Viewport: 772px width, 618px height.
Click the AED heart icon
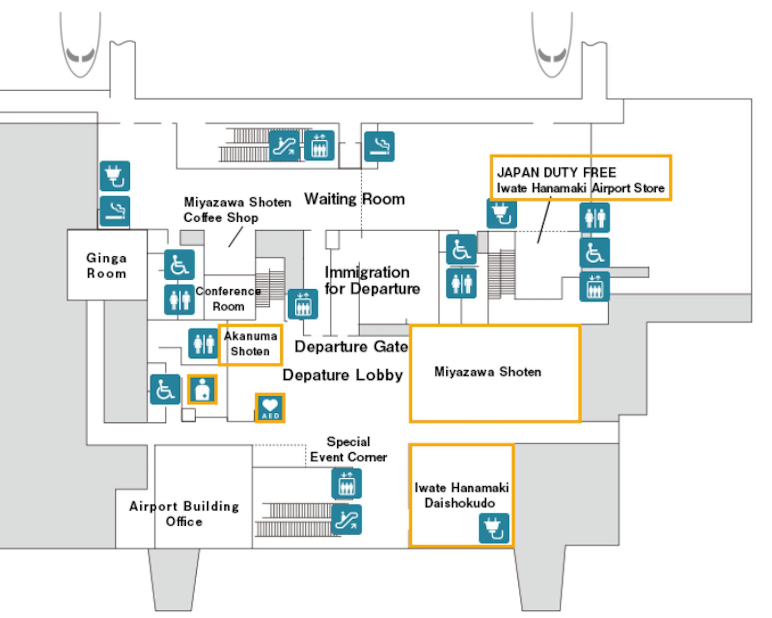[270, 408]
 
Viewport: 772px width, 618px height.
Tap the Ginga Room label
[107, 266]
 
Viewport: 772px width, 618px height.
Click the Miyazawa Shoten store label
[488, 372]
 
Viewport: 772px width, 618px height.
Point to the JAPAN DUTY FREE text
[556, 173]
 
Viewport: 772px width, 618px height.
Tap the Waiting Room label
[354, 199]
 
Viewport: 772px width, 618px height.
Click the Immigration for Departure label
[372, 280]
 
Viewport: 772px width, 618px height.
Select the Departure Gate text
[351, 346]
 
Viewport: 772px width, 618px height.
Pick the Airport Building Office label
[184, 514]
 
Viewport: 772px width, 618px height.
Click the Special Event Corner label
[348, 449]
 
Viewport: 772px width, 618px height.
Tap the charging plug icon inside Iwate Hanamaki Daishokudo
[494, 528]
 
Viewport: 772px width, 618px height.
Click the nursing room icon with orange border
[202, 389]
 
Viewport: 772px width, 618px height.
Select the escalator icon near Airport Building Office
[346, 519]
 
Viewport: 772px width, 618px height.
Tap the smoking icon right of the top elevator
[379, 146]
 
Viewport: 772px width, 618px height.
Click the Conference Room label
[228, 299]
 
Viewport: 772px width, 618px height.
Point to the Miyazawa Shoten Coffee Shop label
[237, 210]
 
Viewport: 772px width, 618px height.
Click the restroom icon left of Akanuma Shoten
[203, 344]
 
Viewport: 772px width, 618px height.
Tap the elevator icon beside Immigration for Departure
[303, 304]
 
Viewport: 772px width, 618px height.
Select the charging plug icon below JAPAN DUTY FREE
[501, 214]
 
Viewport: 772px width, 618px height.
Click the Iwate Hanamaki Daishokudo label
[462, 495]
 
